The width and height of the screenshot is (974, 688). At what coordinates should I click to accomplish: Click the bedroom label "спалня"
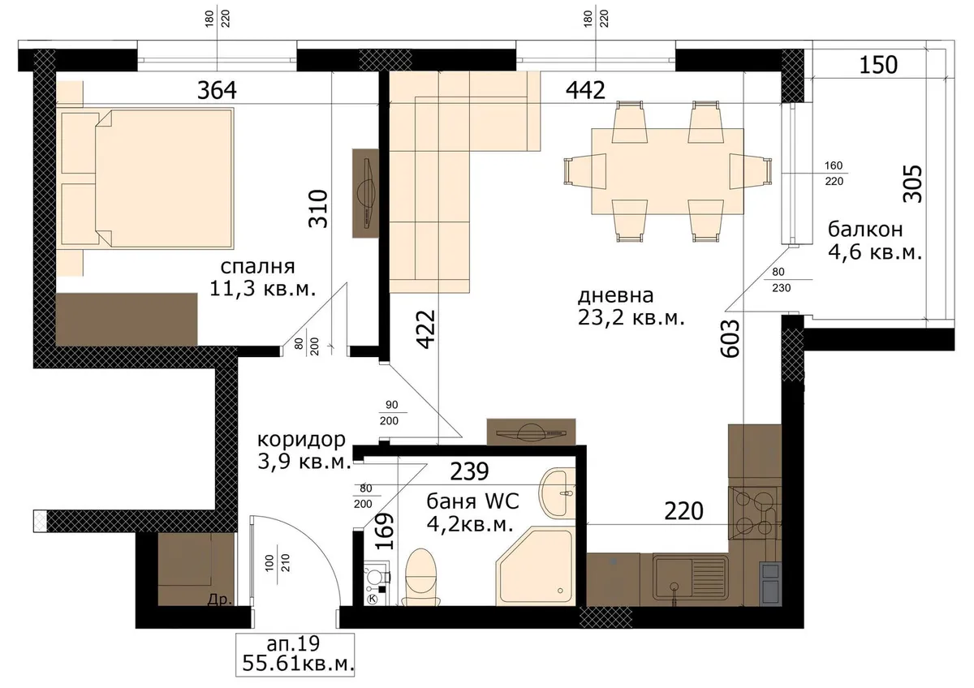(257, 267)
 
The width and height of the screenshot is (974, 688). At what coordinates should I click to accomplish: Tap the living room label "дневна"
(615, 295)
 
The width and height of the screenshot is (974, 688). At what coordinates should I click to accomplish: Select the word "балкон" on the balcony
(865, 230)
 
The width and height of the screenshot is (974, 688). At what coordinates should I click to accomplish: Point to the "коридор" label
(301, 441)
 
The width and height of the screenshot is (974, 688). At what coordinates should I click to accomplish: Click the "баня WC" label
(472, 501)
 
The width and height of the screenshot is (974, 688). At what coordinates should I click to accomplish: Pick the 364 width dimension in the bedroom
(217, 90)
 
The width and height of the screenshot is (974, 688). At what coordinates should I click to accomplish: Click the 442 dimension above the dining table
(585, 90)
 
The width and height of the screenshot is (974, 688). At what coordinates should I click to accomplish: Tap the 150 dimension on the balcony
(878, 65)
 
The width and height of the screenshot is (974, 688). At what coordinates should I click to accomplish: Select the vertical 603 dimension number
(730, 338)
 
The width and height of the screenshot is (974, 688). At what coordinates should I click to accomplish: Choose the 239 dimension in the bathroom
(469, 471)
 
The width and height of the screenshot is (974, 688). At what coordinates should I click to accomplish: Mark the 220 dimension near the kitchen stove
(683, 511)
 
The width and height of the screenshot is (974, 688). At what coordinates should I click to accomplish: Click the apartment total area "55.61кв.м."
(298, 663)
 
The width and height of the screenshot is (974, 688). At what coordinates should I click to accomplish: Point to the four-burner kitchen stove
(754, 513)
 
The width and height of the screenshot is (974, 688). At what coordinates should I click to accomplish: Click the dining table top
(667, 171)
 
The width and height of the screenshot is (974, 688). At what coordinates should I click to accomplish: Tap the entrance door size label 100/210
(278, 563)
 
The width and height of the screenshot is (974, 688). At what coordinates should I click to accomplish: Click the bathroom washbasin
(557, 493)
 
